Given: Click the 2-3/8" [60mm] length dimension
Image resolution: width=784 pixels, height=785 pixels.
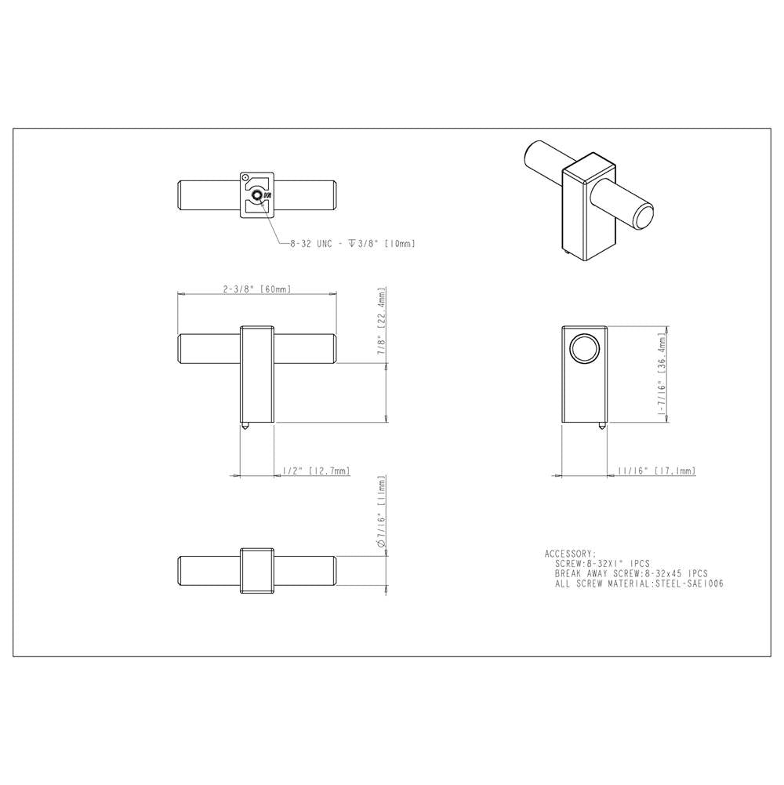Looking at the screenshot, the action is click(257, 289).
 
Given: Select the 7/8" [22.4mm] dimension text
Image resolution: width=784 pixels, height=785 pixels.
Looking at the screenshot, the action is click(382, 322).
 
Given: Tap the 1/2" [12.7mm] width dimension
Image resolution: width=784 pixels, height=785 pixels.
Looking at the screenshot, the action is click(316, 471).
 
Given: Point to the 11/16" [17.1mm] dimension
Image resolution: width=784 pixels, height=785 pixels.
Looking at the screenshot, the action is click(656, 471).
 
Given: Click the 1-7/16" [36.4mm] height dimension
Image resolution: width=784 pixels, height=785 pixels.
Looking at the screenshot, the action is click(662, 373).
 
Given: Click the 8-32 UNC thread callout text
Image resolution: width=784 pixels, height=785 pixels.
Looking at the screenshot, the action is click(353, 244).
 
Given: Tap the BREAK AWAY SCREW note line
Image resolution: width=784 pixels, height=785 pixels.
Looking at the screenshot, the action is click(631, 574).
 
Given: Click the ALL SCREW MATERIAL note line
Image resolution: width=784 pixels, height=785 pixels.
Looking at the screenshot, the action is click(639, 583).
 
